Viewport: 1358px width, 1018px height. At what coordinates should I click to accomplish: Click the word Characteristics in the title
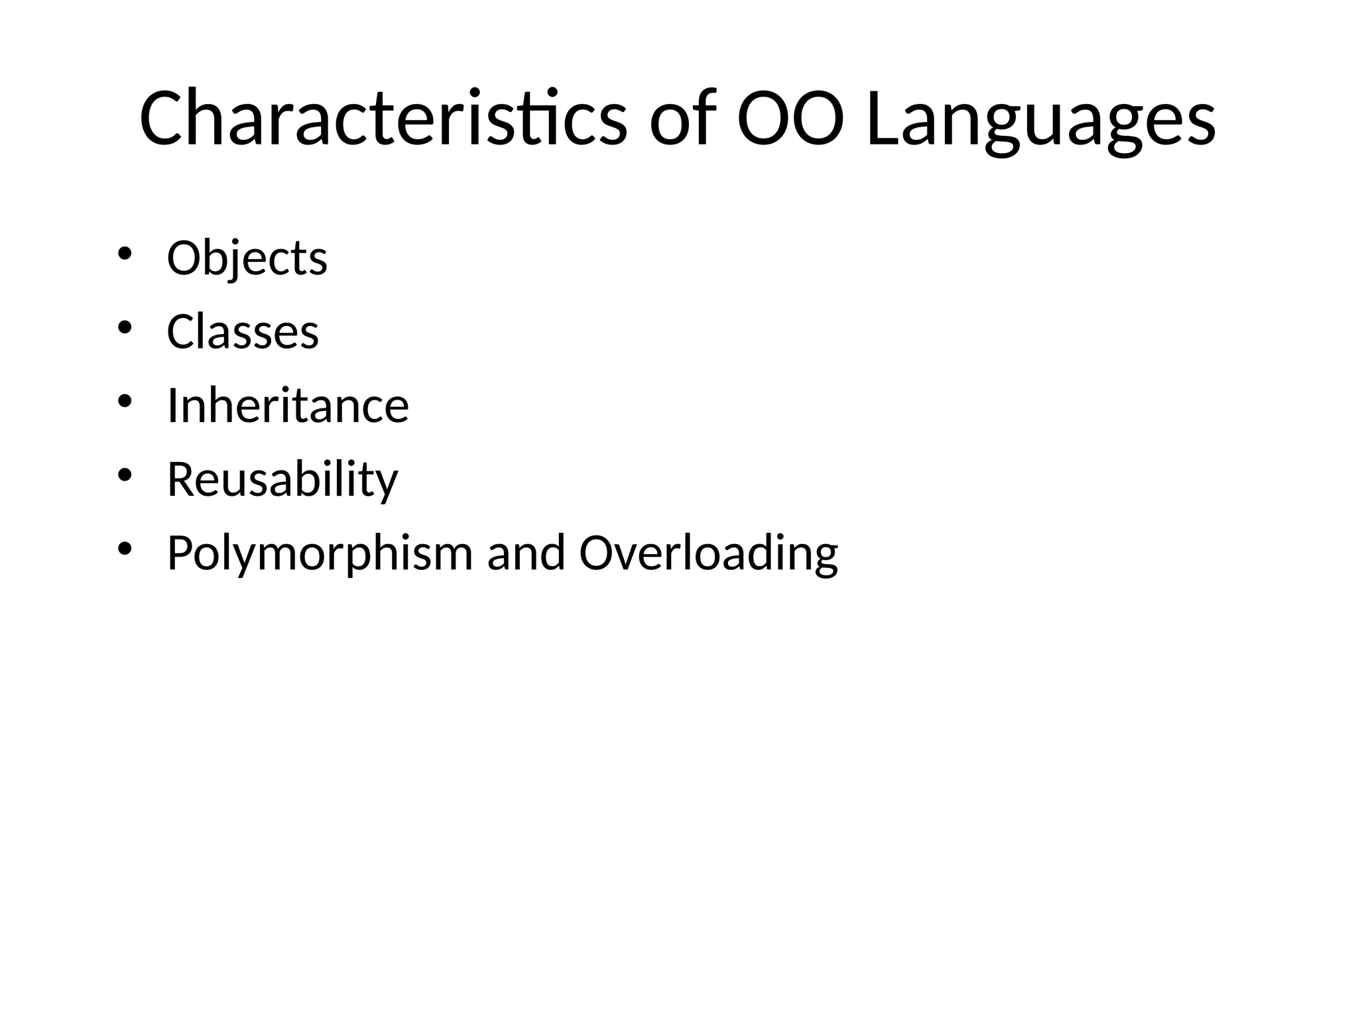[383, 120]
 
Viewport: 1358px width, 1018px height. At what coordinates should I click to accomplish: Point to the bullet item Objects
[247, 258]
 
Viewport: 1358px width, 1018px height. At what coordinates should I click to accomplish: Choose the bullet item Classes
[243, 331]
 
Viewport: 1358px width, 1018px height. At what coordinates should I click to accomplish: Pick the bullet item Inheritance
[288, 406]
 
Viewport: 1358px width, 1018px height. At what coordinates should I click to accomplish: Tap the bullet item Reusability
[282, 479]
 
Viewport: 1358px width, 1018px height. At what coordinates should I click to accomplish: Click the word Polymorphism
[320, 553]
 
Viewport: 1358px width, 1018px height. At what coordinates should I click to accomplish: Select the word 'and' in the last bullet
[526, 553]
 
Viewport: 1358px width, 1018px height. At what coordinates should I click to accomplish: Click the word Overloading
[708, 553]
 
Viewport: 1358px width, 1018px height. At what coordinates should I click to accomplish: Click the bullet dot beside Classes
[125, 327]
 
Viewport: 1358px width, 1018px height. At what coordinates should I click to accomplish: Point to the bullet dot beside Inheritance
[125, 402]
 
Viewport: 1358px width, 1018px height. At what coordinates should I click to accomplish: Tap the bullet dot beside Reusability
[125, 475]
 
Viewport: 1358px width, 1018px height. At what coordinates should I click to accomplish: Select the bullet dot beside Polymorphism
[125, 549]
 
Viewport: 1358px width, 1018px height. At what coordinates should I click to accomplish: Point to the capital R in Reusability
[182, 479]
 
